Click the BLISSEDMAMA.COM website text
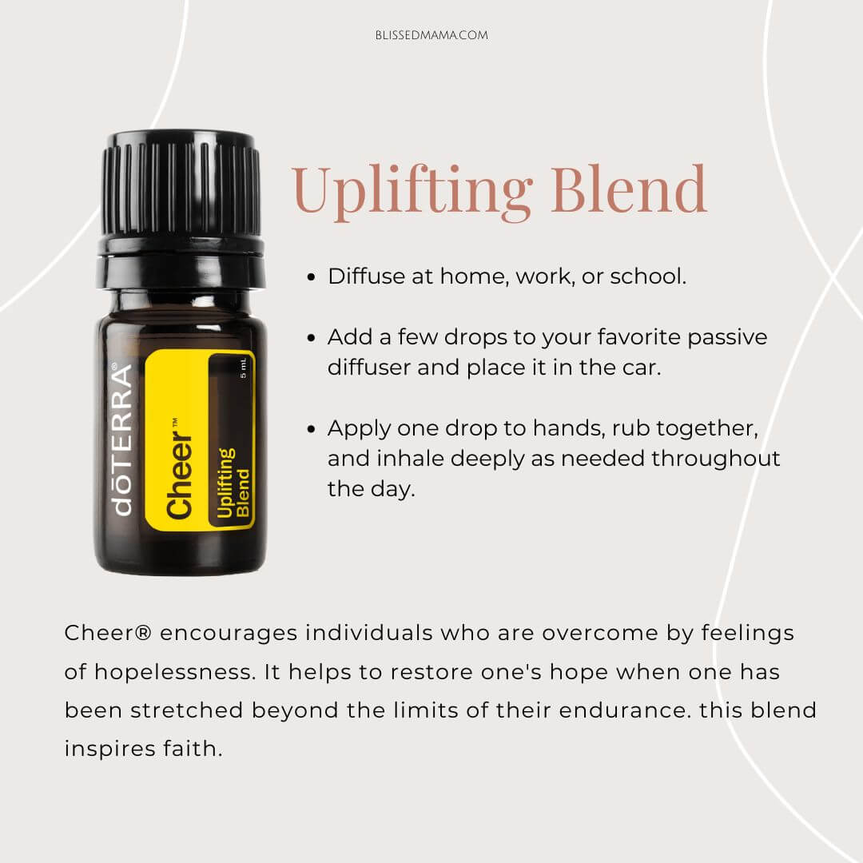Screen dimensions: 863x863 coord(431,35)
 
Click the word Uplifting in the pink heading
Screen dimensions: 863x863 coord(412,190)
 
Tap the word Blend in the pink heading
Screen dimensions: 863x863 coord(629,189)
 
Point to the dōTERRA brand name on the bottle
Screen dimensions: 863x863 coord(122,439)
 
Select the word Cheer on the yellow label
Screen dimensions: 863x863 coord(179,475)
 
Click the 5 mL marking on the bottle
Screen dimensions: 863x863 coord(243,368)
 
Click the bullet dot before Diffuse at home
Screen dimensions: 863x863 coord(312,276)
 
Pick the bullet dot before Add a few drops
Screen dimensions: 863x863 coord(312,337)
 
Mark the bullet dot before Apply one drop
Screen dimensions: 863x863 coord(312,429)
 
